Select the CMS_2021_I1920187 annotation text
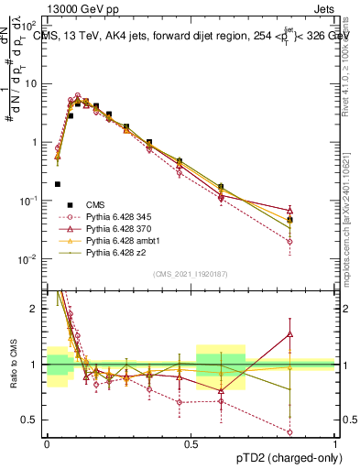[x=190, y=274]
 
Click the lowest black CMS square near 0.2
[x=58, y=184]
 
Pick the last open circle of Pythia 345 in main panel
[x=289, y=242]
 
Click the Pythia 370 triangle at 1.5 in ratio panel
[x=289, y=334]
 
